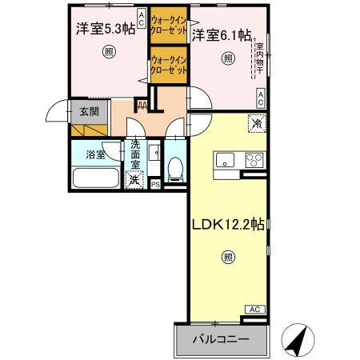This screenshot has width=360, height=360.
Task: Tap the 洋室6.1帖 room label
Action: coord(221,34)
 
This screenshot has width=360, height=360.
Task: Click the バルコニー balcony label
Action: coord(219,339)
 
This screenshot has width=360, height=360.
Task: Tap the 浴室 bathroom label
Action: coord(95,154)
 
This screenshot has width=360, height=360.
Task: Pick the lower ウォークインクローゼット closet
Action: coord(169,65)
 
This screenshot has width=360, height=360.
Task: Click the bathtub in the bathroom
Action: coord(95,178)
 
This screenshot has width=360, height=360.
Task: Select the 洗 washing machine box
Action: coord(135,179)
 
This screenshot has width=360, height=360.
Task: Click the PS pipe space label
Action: coord(155,184)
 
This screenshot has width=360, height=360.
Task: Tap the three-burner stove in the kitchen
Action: coord(254,158)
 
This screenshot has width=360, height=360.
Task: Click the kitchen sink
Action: coord(224,157)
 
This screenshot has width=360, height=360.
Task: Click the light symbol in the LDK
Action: coord(228,258)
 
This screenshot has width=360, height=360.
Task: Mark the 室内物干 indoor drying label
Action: coord(259,62)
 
